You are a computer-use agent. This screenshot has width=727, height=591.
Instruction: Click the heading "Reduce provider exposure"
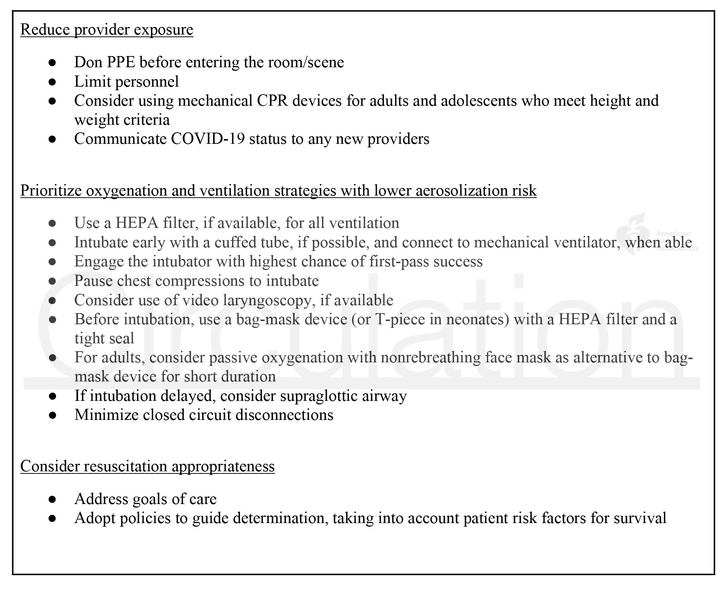107,29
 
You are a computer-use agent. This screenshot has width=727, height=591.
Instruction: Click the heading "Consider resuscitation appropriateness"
147,466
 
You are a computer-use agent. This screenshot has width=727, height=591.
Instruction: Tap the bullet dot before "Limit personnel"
52,82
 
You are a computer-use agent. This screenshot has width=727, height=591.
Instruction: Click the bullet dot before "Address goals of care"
52,499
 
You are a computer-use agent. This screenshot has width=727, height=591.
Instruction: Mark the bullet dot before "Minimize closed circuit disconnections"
52,415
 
